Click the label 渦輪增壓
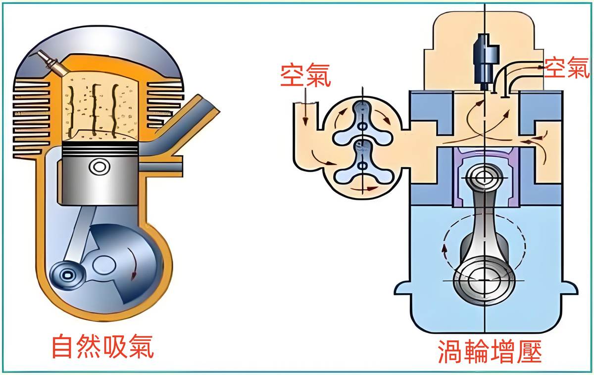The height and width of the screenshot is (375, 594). click(x=490, y=351)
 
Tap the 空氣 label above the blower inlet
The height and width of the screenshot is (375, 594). click(x=305, y=75)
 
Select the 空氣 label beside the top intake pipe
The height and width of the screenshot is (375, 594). click(x=567, y=68)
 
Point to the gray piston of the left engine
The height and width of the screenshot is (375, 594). click(x=98, y=173)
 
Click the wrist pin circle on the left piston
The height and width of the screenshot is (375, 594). click(x=99, y=167)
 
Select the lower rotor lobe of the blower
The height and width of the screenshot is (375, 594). click(x=362, y=164)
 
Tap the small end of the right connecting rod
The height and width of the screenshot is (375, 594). click(x=485, y=178)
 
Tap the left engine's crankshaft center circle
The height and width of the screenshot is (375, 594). click(x=104, y=266)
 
